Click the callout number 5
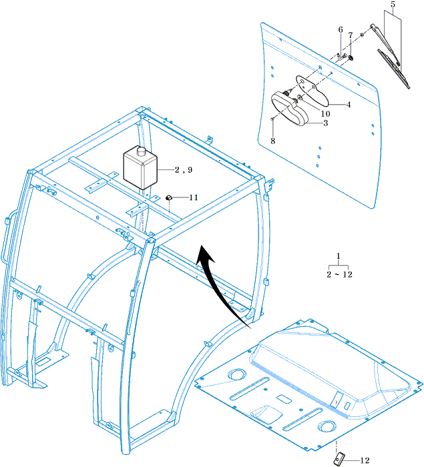(x=393, y=5)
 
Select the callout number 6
(x=341, y=29)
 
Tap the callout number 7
(x=351, y=35)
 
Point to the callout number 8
(x=273, y=141)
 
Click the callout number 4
(x=349, y=105)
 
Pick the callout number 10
(x=325, y=114)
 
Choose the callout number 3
(x=326, y=123)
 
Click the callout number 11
(x=194, y=197)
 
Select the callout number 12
(x=365, y=460)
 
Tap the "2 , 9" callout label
(x=184, y=169)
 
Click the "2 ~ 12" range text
(x=340, y=274)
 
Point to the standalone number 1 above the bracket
(x=339, y=256)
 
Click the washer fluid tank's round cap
(x=141, y=151)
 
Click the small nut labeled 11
(x=169, y=197)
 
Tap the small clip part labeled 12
(x=339, y=458)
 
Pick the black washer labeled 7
(x=351, y=57)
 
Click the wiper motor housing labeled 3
(x=289, y=109)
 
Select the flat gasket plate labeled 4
(x=312, y=90)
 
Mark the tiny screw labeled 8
(x=272, y=119)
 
